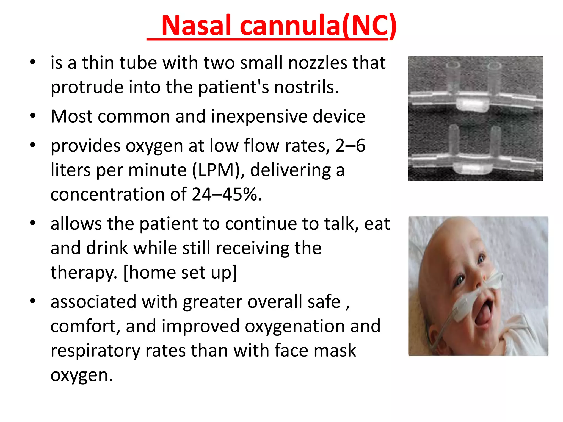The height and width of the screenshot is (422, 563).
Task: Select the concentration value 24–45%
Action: (x=227, y=195)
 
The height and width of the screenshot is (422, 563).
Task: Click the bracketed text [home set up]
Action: (x=180, y=272)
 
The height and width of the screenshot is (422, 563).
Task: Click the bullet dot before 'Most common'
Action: (x=33, y=115)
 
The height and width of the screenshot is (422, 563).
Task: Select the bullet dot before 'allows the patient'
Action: (x=33, y=223)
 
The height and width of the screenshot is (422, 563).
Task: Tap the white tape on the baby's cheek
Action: (x=465, y=308)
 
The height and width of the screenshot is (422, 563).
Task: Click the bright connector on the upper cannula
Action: (x=472, y=104)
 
